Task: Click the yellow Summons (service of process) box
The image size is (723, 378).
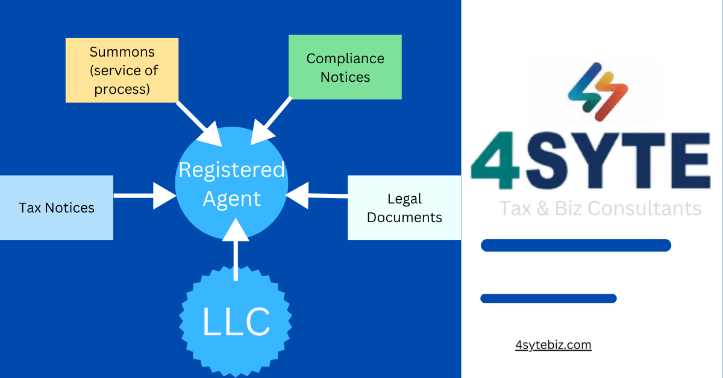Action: [x=122, y=70]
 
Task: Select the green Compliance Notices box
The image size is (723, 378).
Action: [x=345, y=67]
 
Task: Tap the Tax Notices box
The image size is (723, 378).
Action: [x=56, y=208]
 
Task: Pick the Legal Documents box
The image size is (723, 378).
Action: [x=404, y=208]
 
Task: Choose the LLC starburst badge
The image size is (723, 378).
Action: [x=236, y=322]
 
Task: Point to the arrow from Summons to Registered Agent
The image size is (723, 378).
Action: [x=199, y=124]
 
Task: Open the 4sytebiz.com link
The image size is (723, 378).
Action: [x=553, y=345]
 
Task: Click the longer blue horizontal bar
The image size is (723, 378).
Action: [x=575, y=245]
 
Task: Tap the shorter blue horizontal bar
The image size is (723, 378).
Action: [x=548, y=298]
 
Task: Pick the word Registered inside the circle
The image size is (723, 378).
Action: [x=231, y=170]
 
